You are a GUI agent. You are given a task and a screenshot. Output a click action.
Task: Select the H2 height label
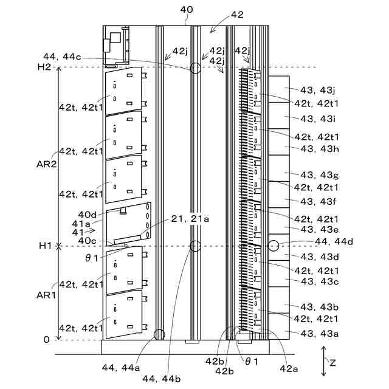point(44,67)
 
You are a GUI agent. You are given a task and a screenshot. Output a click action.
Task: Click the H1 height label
point(45,246)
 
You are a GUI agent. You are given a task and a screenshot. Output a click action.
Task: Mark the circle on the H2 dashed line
point(195,67)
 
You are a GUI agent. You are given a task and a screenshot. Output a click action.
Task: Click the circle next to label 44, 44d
point(273,246)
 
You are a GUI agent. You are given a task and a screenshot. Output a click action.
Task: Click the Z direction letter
point(332,362)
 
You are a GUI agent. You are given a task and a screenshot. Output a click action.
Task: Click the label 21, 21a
point(191,219)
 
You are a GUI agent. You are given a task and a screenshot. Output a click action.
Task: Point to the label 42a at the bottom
point(289,368)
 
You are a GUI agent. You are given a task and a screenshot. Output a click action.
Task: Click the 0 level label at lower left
point(46,340)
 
